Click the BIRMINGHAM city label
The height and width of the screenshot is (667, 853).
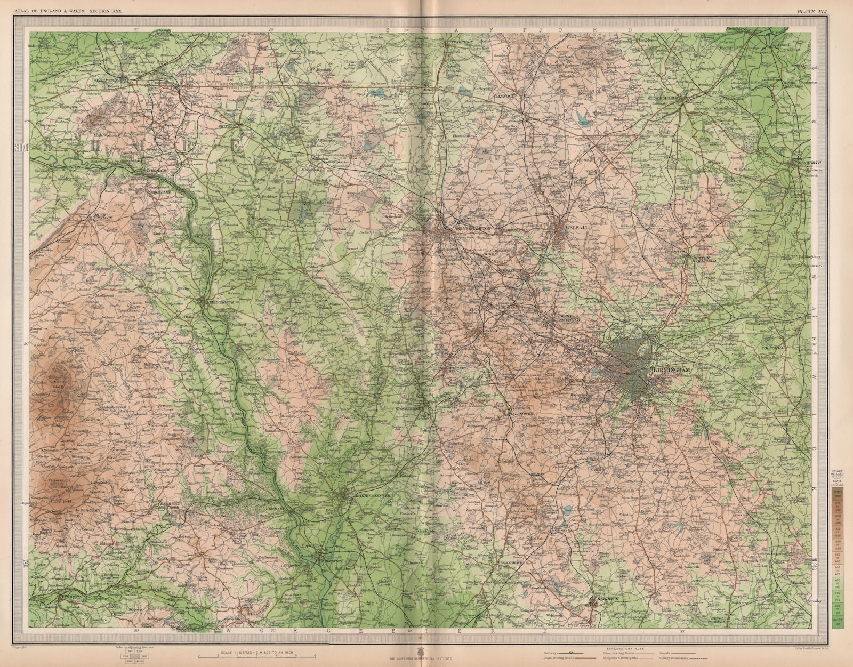(x=671, y=370)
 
